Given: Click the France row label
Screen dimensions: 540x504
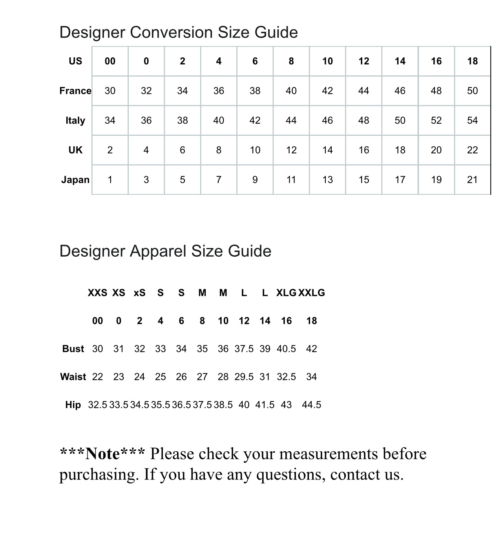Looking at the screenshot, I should tap(75, 91).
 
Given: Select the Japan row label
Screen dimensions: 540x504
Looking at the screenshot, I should tap(75, 180).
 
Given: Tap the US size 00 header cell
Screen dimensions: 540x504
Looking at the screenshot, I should tap(110, 61).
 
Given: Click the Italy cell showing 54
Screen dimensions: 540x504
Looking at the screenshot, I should tap(472, 120).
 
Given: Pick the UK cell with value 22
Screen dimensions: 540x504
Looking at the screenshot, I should tap(472, 150).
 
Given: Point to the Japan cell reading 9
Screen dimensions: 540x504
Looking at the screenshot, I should tap(255, 180).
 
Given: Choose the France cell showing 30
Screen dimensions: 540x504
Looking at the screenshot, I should tap(110, 91).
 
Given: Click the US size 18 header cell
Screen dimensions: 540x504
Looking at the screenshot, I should tap(472, 61).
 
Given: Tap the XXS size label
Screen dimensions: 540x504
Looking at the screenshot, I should tap(97, 293).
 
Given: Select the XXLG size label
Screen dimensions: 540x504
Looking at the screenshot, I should tap(312, 293).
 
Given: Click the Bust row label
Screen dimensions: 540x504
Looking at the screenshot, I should tap(73, 349).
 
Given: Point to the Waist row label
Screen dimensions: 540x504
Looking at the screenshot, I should tap(73, 377).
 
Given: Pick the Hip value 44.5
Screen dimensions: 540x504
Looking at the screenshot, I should tap(312, 405).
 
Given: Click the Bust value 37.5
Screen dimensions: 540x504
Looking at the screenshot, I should tap(244, 349).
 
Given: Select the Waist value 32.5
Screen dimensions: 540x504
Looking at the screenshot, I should tap(287, 377).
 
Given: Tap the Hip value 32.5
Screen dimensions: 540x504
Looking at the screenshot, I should tap(97, 405).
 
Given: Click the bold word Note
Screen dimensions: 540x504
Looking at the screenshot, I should tap(102, 454).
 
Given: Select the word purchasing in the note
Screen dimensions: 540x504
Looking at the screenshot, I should tap(99, 475).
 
